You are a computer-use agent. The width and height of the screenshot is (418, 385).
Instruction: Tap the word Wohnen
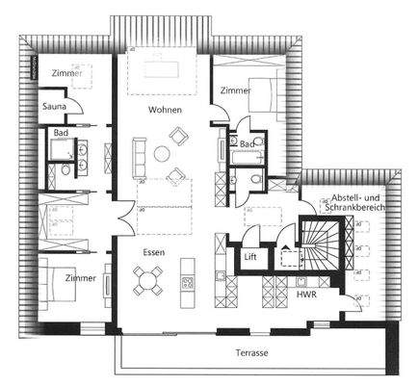[164, 111]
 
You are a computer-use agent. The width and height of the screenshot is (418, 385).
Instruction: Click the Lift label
[250, 257]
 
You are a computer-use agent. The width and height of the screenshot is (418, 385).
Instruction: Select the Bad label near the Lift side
[247, 144]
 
